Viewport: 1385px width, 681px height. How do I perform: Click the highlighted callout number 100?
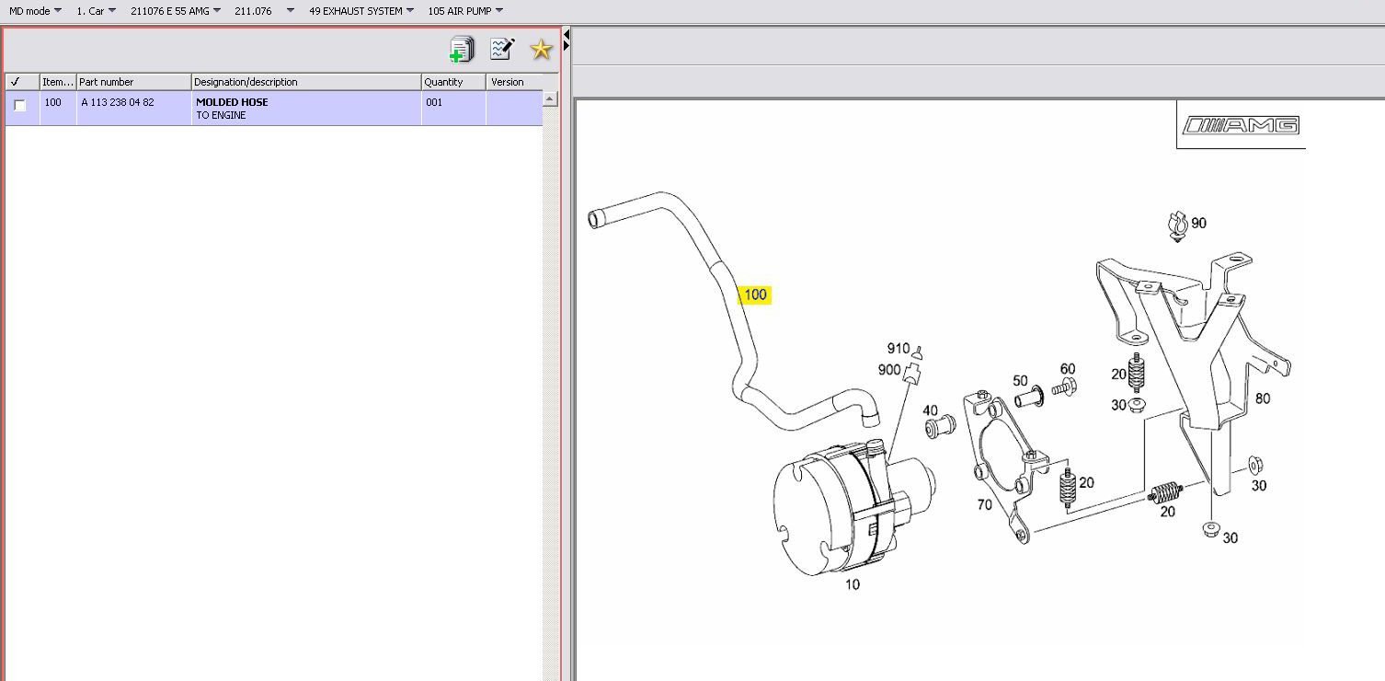coord(755,295)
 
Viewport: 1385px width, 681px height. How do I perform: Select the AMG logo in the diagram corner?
coord(1241,125)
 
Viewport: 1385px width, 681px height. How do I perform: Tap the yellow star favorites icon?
coord(541,50)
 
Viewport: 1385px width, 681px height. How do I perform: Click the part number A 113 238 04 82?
coord(118,102)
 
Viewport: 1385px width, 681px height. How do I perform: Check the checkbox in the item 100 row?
coord(20,105)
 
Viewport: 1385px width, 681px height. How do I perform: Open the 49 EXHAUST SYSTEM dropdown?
coord(361,10)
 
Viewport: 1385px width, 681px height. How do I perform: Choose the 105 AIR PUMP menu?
coord(465,10)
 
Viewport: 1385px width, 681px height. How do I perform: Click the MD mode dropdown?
coord(35,10)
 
